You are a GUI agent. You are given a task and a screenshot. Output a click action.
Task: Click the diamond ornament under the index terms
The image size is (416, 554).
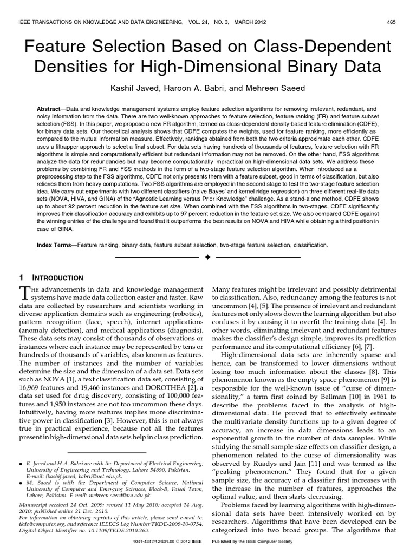click(207, 256)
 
